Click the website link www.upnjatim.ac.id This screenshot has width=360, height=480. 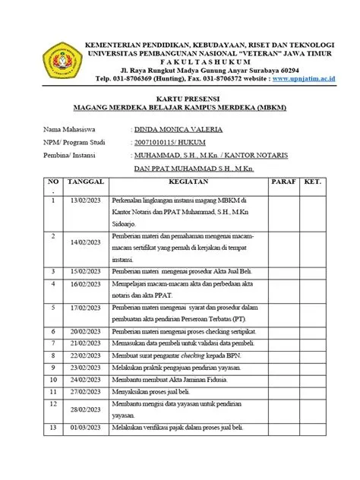pyautogui.click(x=304, y=78)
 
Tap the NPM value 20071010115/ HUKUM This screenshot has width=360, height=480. pyautogui.click(x=171, y=143)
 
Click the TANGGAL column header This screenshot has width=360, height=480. pyautogui.click(x=85, y=183)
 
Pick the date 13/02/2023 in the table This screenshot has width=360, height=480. pyautogui.click(x=85, y=199)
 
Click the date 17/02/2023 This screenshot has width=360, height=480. pyautogui.click(x=85, y=308)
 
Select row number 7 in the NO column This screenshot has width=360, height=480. pyautogui.click(x=54, y=344)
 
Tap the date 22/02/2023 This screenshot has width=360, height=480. pyautogui.click(x=85, y=356)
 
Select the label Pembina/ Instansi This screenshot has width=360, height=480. pyautogui.click(x=75, y=156)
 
